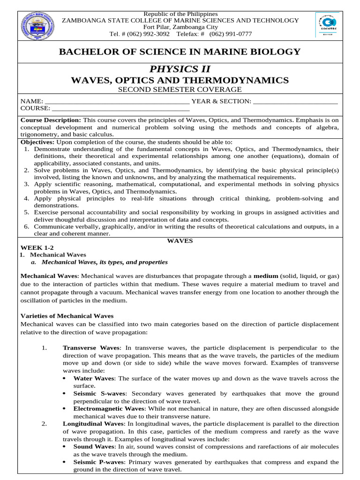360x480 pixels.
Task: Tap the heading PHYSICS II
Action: point(180,69)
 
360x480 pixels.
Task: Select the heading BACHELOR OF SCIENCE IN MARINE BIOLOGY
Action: point(180,52)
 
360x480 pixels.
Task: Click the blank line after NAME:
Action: point(117,102)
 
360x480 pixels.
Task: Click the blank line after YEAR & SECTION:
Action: point(295,102)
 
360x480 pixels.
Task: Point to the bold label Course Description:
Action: point(51,120)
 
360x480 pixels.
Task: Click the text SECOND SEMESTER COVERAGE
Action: point(180,90)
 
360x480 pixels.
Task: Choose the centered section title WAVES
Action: point(180,240)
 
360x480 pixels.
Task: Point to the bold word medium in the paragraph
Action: point(266,276)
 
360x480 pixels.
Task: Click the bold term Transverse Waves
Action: point(91,348)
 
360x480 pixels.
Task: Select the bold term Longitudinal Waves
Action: point(92,424)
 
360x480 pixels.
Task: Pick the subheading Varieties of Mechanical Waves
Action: point(67,316)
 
